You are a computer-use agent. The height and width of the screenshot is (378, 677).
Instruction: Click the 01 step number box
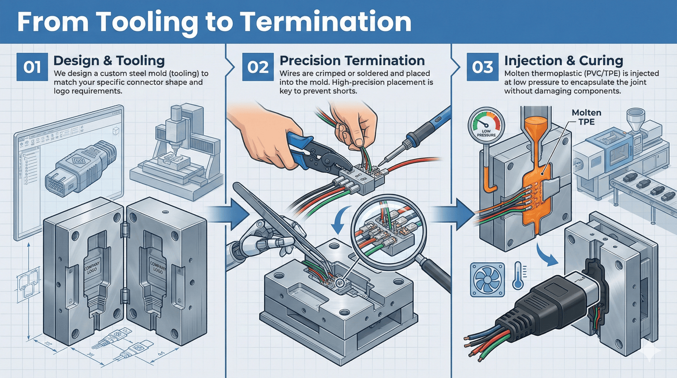32,67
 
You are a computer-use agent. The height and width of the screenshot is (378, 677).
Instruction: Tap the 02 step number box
258,67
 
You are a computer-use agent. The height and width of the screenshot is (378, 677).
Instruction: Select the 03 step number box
482,67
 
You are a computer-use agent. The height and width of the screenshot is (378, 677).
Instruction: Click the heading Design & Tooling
109,61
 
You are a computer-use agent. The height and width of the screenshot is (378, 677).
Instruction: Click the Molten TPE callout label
586,117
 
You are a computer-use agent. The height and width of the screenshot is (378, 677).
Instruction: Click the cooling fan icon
487,279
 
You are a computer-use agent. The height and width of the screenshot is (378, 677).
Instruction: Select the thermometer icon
519,276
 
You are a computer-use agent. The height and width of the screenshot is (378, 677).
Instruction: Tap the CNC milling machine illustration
178,152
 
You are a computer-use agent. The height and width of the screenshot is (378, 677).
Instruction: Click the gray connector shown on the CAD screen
78,169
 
